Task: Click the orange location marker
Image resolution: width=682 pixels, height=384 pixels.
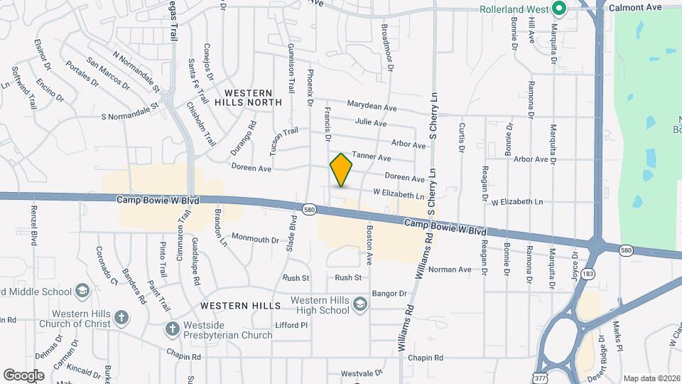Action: click(x=342, y=169)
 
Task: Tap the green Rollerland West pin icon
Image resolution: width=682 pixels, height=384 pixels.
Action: click(x=558, y=9)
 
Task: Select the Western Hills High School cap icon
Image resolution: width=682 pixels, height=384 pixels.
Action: click(x=360, y=304)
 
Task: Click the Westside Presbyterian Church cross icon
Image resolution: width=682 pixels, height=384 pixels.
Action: click(x=171, y=329)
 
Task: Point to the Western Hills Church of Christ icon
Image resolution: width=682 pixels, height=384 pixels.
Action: click(x=121, y=316)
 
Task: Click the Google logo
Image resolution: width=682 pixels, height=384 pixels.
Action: click(x=23, y=375)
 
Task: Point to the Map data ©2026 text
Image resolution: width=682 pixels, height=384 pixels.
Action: click(x=651, y=378)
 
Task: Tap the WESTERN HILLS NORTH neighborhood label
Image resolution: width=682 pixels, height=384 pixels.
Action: click(x=248, y=97)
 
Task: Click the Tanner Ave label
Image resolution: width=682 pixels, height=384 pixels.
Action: click(x=372, y=156)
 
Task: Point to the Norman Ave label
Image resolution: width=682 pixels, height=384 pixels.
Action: click(x=450, y=270)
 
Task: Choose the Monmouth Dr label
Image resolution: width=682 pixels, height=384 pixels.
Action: click(x=255, y=240)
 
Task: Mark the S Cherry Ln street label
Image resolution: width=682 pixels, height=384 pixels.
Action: click(x=431, y=114)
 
